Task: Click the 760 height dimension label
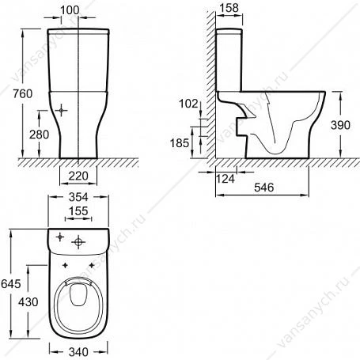pyautogui.click(x=23, y=94)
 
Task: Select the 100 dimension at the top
pyautogui.click(x=70, y=10)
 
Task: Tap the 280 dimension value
pyautogui.click(x=39, y=135)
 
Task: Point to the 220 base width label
pyautogui.click(x=78, y=176)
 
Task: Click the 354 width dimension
pyautogui.click(x=78, y=197)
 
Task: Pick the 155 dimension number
pyautogui.click(x=78, y=211)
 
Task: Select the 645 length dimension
pyautogui.click(x=11, y=284)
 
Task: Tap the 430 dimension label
pyautogui.click(x=28, y=302)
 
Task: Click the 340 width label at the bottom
pyautogui.click(x=78, y=352)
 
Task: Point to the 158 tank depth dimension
pyautogui.click(x=229, y=8)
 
